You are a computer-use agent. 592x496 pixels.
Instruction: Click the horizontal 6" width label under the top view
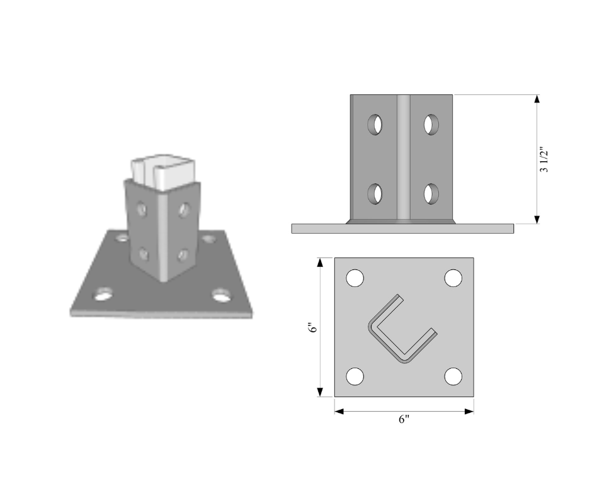[x=404, y=420]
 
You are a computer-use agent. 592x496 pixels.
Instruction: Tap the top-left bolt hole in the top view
[x=355, y=278]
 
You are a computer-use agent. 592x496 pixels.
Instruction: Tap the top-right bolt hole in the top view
[x=453, y=278]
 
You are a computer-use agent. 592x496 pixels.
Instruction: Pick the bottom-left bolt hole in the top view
[x=355, y=376]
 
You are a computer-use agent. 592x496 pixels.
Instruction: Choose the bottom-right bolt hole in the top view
[x=453, y=376]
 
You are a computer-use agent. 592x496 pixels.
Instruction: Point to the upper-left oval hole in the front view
[x=375, y=124]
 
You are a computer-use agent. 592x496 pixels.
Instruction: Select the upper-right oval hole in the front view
[x=431, y=124]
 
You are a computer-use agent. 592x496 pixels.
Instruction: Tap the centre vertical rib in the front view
[x=403, y=157]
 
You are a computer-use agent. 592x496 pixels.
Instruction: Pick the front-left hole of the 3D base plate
[x=104, y=293]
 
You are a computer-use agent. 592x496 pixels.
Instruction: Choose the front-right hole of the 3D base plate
[x=220, y=294]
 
